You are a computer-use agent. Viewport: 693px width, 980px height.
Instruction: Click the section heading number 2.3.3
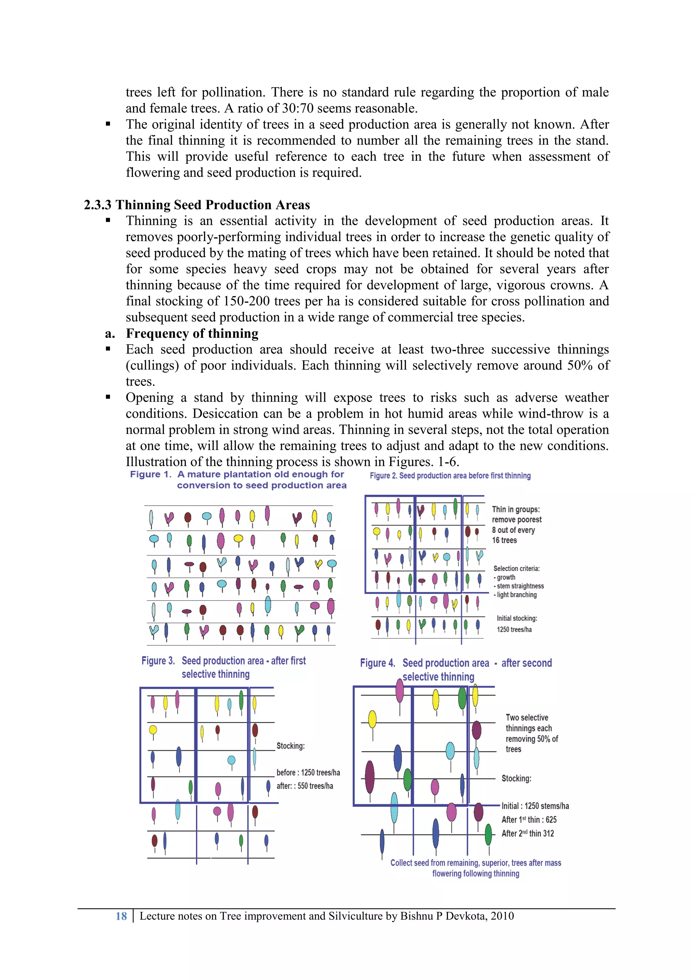click(x=97, y=205)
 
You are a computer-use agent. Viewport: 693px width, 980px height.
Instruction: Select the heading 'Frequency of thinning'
click(x=192, y=333)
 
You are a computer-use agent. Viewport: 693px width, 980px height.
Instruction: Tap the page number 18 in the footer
click(x=121, y=916)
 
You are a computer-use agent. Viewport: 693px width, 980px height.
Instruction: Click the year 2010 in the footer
click(x=502, y=916)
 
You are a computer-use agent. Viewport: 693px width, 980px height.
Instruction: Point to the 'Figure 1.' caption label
click(x=151, y=475)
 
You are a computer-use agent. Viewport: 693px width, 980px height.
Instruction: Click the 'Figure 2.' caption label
click(x=383, y=476)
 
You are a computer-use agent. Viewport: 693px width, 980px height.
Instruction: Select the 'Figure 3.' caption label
click(x=158, y=661)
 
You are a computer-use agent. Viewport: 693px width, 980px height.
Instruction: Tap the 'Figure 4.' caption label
click(x=377, y=663)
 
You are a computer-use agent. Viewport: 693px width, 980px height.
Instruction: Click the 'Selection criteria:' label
click(x=516, y=569)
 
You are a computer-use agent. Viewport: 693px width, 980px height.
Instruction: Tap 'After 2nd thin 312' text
click(x=528, y=834)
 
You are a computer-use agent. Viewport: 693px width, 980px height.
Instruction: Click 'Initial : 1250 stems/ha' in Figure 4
click(x=535, y=806)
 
